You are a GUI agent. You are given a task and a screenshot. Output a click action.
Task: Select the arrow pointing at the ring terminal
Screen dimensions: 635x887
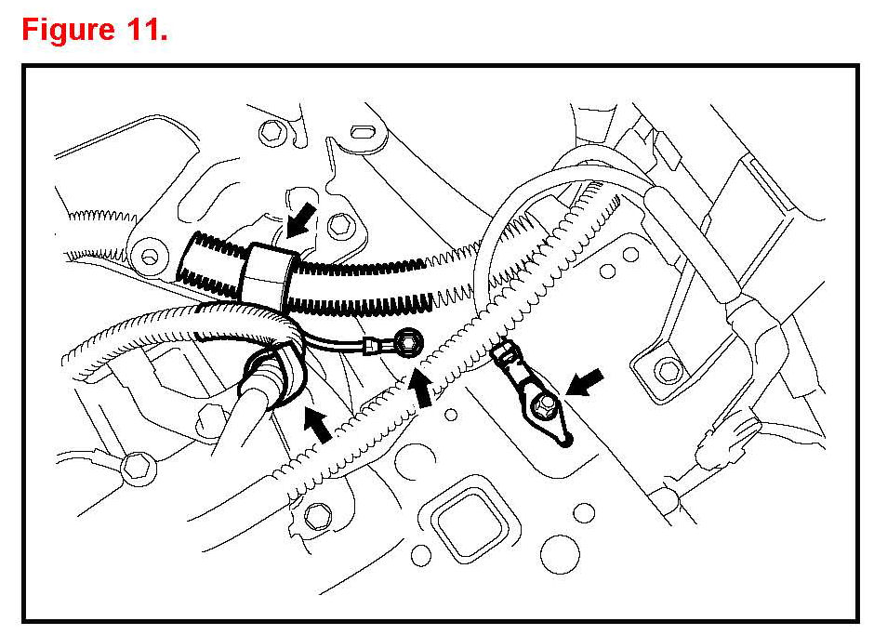pyautogui.click(x=423, y=386)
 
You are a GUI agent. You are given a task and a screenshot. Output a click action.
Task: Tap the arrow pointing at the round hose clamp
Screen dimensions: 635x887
pyautogui.click(x=316, y=423)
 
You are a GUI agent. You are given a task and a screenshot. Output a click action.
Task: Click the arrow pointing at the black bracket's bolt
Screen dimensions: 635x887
pyautogui.click(x=585, y=381)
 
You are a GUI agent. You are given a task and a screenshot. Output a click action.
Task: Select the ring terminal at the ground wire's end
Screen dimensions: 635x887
pyautogui.click(x=405, y=346)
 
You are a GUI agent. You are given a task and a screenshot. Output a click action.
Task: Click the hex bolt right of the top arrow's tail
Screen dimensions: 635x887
pyautogui.click(x=341, y=223)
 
